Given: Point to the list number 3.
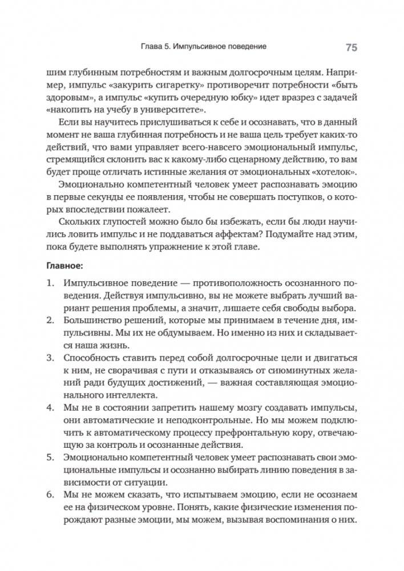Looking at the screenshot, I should pyautogui.click(x=50, y=358).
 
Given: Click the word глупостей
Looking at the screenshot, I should pyautogui.click(x=124, y=222).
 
